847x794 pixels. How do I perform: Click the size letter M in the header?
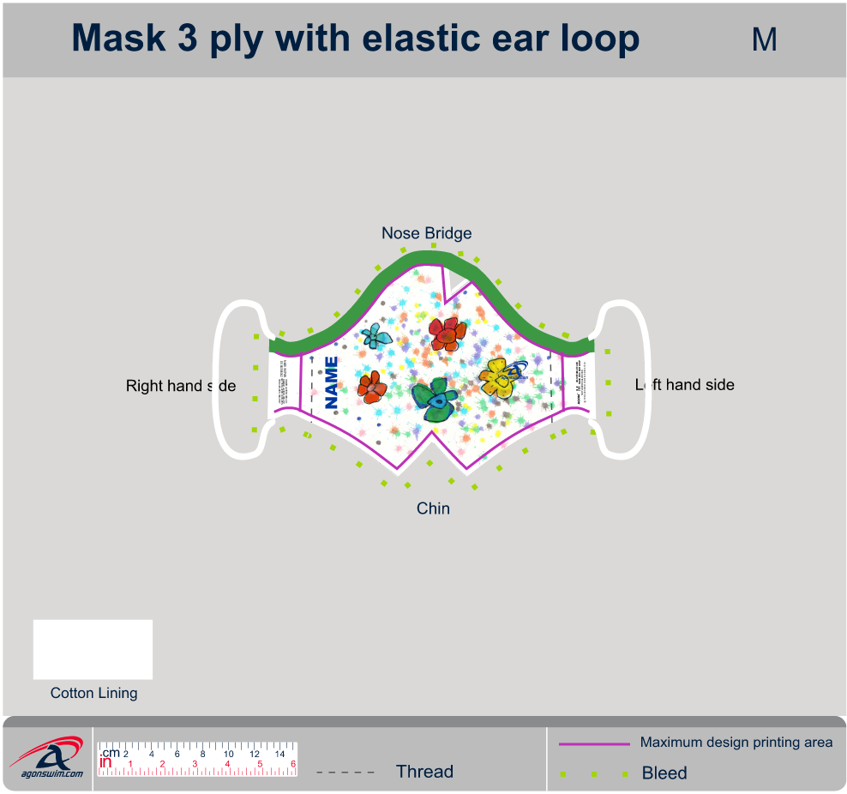tap(764, 39)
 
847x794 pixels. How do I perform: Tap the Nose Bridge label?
tap(426, 233)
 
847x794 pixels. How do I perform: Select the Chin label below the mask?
tap(433, 508)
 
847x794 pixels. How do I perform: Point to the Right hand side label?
tap(180, 386)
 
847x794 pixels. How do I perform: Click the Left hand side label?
tap(685, 385)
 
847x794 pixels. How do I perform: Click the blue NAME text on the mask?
tap(332, 382)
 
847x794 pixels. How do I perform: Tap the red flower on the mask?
tap(448, 333)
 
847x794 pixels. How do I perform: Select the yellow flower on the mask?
tap(496, 376)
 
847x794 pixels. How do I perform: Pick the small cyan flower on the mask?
tap(376, 335)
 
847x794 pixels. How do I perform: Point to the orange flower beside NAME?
tap(372, 387)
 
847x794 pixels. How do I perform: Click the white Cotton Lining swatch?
tap(93, 649)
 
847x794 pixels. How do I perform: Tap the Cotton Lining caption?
tap(93, 693)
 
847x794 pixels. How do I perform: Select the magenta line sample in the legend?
tap(594, 743)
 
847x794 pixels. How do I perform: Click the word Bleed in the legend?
tap(664, 773)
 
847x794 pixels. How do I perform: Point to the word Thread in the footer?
tap(424, 772)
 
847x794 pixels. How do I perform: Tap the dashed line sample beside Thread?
tap(345, 772)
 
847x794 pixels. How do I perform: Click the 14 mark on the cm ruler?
tap(279, 754)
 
